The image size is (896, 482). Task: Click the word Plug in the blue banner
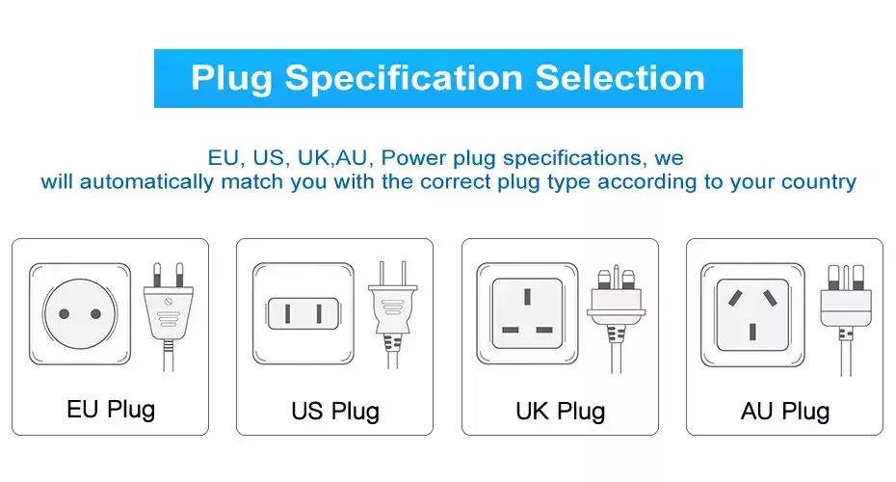(231, 79)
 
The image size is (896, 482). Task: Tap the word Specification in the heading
(404, 79)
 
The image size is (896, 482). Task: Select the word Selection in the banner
(620, 78)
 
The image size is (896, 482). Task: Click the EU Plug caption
(111, 410)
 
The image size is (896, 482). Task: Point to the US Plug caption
(335, 412)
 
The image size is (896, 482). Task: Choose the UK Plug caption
(560, 412)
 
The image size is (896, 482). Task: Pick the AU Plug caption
(785, 412)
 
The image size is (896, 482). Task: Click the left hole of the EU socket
(64, 314)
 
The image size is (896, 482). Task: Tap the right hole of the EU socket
(95, 314)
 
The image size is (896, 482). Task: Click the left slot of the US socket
(288, 314)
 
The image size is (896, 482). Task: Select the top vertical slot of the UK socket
(527, 297)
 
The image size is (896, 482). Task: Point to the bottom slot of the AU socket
(752, 332)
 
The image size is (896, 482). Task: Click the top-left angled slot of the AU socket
(735, 298)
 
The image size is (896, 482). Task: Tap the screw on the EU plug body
(168, 302)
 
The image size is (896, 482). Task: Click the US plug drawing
(392, 315)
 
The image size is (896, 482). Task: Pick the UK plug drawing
(616, 318)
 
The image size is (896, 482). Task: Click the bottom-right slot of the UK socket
(544, 330)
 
